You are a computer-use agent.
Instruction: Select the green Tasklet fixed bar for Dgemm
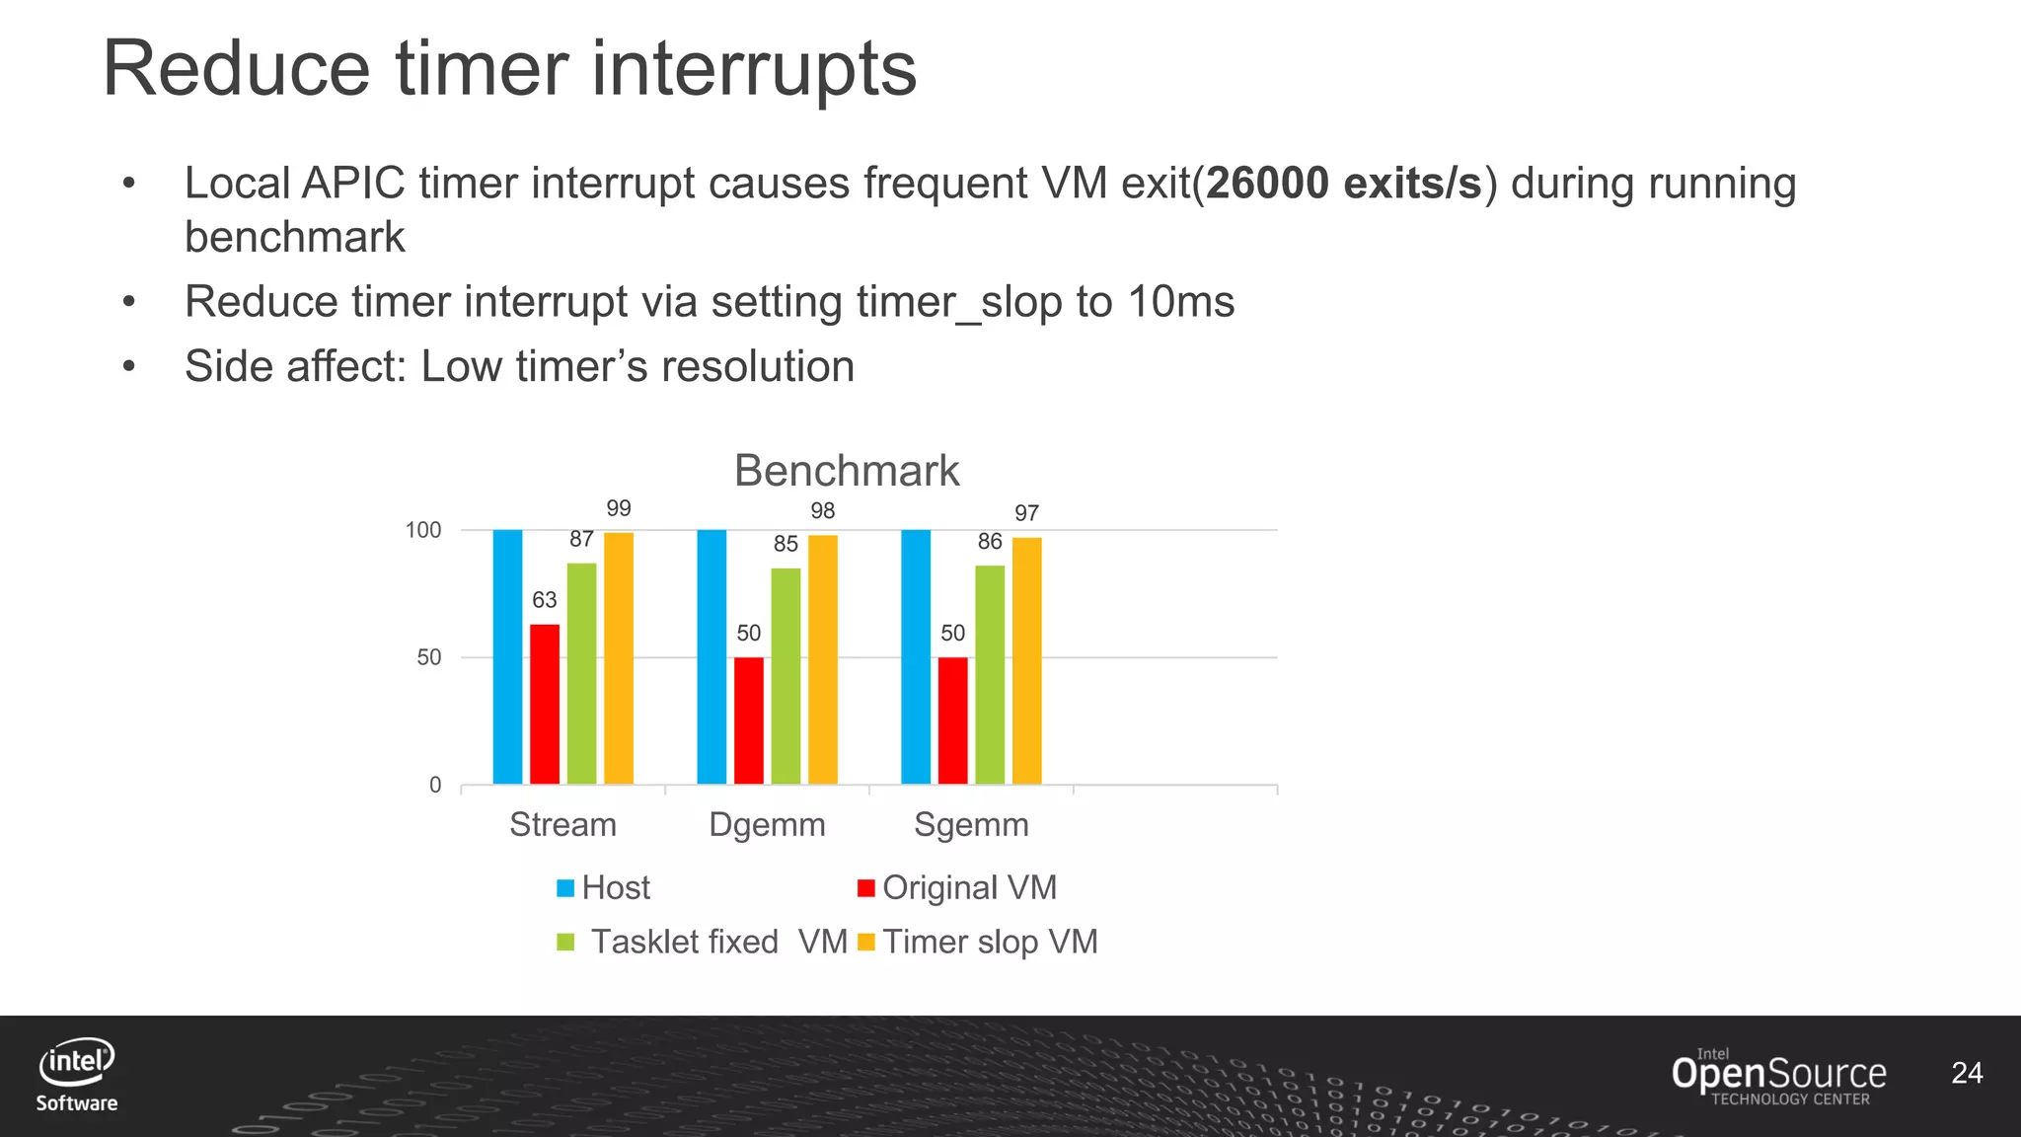[786, 676]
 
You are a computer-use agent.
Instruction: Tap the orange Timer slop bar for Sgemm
[1026, 661]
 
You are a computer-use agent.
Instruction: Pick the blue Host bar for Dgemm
[711, 656]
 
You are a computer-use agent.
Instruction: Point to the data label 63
[545, 600]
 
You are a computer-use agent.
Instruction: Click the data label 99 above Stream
[619, 508]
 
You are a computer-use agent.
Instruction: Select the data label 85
[786, 544]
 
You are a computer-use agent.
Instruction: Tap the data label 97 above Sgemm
[1026, 513]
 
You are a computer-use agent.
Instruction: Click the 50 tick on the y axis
[429, 657]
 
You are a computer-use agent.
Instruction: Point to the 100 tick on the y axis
[423, 530]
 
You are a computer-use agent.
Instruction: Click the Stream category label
[562, 824]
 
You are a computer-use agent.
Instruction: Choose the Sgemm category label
[971, 824]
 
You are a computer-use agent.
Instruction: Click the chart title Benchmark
[847, 471]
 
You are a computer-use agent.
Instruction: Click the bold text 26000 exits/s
[1344, 184]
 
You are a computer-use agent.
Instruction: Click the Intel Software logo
[77, 1075]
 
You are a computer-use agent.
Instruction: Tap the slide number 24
[1967, 1073]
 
